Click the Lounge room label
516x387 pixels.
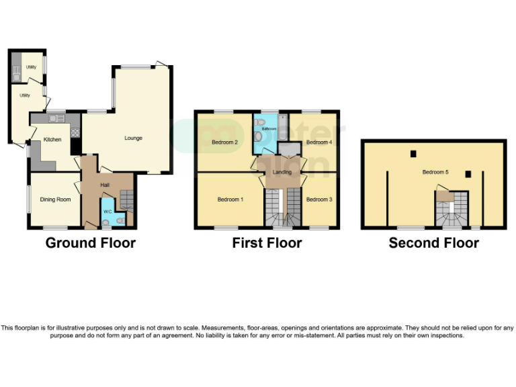[133, 138]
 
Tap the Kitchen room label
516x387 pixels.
[52, 140]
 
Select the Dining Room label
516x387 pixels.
[55, 199]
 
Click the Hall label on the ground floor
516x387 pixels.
[105, 185]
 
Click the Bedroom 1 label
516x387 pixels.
[230, 200]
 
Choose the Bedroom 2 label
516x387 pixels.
[225, 142]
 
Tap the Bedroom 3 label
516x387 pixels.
[318, 200]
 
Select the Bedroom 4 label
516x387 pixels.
[318, 142]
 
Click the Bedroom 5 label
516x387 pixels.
[435, 173]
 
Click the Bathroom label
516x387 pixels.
[269, 128]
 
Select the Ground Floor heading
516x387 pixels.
[91, 243]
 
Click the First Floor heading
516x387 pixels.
[267, 243]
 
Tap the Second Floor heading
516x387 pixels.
[434, 243]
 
